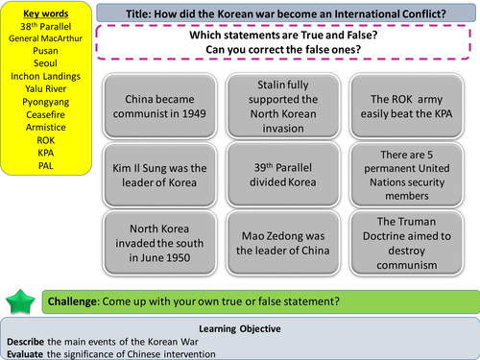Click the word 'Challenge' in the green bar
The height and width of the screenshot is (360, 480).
click(81, 300)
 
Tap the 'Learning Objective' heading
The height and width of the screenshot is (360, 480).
click(240, 325)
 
